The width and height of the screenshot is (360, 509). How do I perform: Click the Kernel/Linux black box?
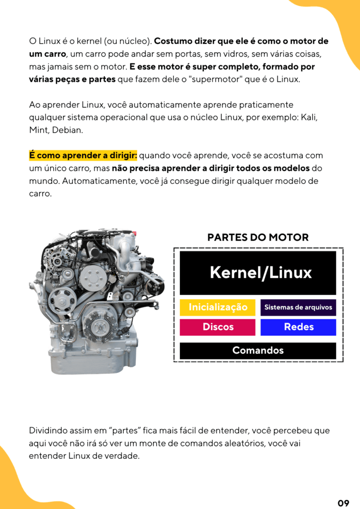258,273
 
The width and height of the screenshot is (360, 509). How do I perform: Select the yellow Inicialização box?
217,307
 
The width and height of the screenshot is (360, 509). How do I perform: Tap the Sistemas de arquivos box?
298,307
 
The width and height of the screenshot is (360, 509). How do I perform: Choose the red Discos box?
217,327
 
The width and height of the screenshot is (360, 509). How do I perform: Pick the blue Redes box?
298,327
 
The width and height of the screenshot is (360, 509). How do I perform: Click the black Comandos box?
258,350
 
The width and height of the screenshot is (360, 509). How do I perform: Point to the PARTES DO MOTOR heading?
258,237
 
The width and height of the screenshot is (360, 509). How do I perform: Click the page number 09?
344,503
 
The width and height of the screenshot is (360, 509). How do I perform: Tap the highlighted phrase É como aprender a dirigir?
83,156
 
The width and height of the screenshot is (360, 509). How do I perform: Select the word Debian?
68,130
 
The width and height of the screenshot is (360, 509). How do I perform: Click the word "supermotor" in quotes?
215,79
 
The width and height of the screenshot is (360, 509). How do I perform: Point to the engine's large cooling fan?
99,323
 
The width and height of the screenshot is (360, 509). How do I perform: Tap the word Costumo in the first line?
173,41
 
